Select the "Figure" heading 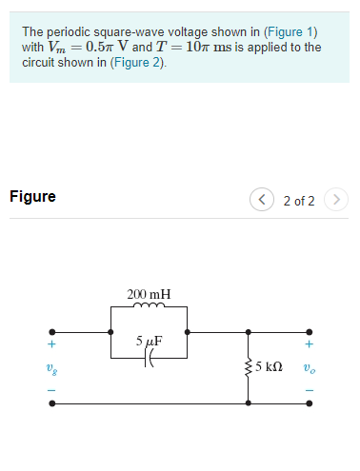[32, 197]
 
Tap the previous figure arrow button [261, 201]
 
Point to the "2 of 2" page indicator [299, 201]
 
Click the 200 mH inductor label [149, 294]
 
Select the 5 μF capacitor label [149, 340]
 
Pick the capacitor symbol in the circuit [150, 358]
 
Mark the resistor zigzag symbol [250, 366]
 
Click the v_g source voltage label [52, 366]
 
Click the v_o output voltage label [309, 366]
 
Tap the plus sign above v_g [52, 344]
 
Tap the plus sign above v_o [309, 344]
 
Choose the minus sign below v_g [52, 388]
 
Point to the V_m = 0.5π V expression [87, 48]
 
